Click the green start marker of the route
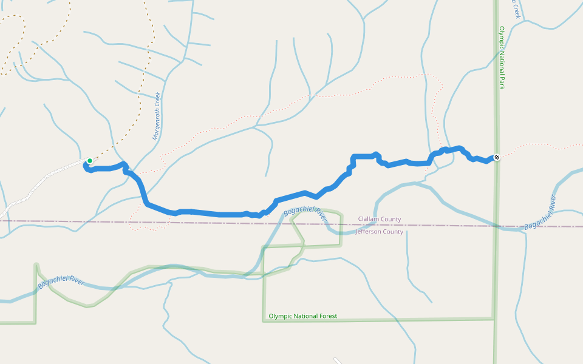tap(89, 161)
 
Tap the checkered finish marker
tap(497, 158)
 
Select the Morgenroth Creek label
tap(156, 116)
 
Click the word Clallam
tap(369, 220)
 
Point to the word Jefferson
tap(370, 232)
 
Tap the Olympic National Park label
tap(502, 58)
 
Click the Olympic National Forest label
tap(302, 316)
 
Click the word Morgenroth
tap(155, 124)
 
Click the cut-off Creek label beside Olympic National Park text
tap(516, 8)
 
